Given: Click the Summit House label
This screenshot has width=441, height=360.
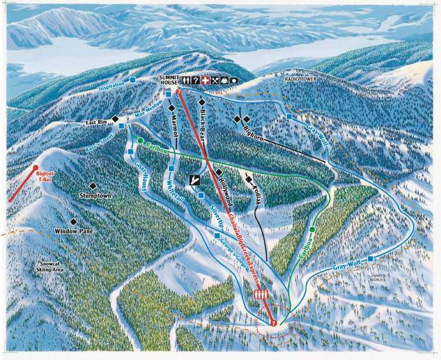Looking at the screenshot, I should (168, 80).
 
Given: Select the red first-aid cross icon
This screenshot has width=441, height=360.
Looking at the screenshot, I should (205, 80).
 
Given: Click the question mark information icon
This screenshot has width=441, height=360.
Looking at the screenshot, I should (195, 80).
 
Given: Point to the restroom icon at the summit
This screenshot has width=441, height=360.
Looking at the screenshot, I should (185, 80).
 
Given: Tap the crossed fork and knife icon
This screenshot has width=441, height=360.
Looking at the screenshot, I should (214, 80).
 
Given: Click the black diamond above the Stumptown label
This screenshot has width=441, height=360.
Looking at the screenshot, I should (92, 186).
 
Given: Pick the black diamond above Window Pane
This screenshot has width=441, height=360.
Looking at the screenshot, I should (73, 221).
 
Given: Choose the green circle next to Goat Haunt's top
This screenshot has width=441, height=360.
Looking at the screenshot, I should (141, 141).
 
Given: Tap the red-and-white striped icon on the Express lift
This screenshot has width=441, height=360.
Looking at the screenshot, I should (260, 294).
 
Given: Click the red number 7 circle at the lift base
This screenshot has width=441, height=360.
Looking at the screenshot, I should (274, 322).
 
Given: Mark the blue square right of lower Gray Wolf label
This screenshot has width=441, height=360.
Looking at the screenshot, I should (371, 259).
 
